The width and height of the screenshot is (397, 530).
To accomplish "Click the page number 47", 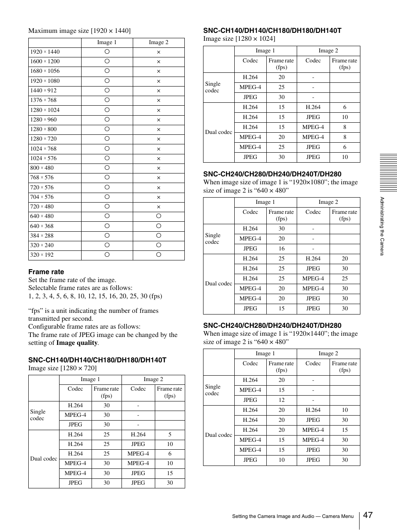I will click(367, 515).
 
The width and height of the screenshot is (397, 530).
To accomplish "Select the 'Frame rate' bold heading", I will click(46, 272).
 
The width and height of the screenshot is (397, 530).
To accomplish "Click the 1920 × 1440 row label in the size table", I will click(45, 52).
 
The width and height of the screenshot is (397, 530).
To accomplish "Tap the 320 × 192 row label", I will click(42, 255).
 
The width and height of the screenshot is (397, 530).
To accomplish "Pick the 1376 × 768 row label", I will click(43, 100).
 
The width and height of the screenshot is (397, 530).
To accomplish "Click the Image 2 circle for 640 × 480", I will click(159, 216).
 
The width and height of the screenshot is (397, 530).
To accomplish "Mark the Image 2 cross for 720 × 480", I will click(159, 207).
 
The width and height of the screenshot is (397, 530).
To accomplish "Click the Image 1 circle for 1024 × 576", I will click(107, 158).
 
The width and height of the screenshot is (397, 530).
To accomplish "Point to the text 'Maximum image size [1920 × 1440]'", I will click(79, 31).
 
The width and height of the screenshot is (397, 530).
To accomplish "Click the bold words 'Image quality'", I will click(77, 343).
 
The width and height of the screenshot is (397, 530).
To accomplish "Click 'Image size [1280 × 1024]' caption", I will click(239, 39).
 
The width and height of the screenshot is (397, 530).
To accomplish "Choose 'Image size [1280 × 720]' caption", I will click(62, 368).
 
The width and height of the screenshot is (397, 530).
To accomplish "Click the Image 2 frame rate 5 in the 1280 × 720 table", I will click(170, 435).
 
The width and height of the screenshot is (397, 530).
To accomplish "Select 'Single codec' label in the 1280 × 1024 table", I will click(213, 87).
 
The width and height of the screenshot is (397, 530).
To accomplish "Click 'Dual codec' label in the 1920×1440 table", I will click(218, 435).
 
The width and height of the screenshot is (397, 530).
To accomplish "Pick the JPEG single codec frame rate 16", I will click(282, 249).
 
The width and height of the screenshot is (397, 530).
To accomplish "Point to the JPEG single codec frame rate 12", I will click(282, 400).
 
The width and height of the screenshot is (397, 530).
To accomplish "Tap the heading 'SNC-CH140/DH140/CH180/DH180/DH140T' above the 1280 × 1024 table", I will click(272, 30).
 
